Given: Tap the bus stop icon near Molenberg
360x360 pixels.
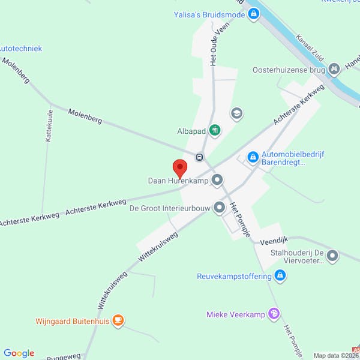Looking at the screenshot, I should (x=199, y=157).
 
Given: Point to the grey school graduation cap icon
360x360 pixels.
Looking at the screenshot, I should (x=237, y=113).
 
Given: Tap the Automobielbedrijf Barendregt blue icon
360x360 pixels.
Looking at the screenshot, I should (x=253, y=157).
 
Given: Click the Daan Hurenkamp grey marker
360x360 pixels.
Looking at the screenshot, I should (x=217, y=179).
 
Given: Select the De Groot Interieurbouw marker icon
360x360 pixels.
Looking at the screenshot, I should (x=220, y=208).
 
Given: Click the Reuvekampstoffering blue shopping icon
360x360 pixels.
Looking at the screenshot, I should (x=280, y=276).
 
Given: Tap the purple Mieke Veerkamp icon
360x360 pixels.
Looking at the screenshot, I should (x=274, y=313).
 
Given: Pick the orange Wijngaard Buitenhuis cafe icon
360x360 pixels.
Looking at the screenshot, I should (x=119, y=320).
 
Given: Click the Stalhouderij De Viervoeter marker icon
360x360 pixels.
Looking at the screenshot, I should (x=333, y=256).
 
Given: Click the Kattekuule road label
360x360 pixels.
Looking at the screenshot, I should (x=49, y=125).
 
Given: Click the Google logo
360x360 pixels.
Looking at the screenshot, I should (x=19, y=353).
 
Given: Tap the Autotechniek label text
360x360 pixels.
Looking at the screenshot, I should (x=20, y=48).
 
